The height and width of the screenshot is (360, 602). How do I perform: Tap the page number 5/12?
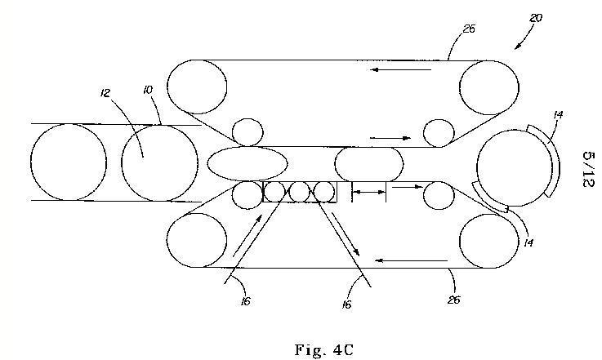(587, 169)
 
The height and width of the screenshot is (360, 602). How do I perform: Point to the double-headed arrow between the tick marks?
(368, 193)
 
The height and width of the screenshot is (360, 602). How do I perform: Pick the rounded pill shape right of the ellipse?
(368, 163)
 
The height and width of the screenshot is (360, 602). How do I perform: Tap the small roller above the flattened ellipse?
(245, 131)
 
